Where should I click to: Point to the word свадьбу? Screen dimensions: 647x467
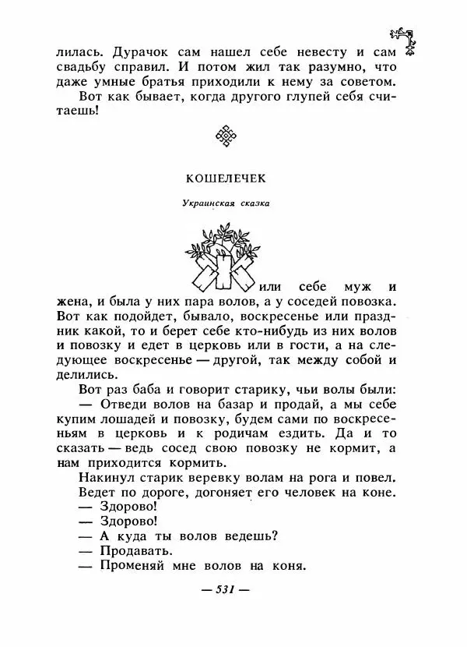87,68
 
